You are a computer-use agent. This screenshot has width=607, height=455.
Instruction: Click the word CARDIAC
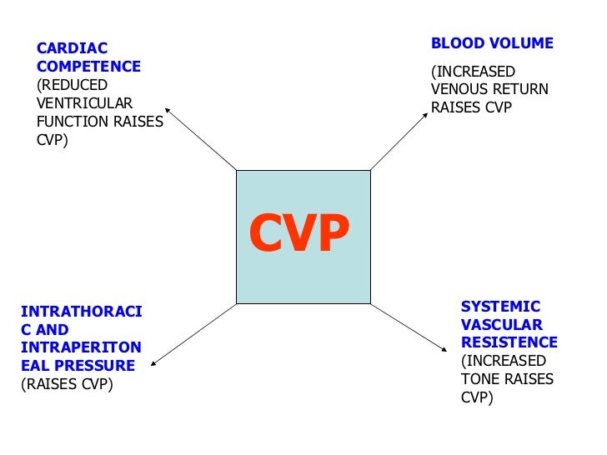[x=61, y=48]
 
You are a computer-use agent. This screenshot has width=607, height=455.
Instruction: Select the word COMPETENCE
[x=88, y=67]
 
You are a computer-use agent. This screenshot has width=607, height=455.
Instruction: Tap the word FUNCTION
[x=70, y=122]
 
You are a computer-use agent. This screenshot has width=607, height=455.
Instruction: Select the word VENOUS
[x=455, y=89]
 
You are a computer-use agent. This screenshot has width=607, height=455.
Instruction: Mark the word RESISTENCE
[x=509, y=342]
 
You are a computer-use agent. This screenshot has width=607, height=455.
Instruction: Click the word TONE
[x=479, y=379]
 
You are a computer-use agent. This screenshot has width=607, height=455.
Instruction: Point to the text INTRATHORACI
[x=81, y=312]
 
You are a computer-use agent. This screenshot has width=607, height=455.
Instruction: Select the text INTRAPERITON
[x=81, y=347]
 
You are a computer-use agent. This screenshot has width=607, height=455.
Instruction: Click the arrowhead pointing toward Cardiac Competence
[x=168, y=109]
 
